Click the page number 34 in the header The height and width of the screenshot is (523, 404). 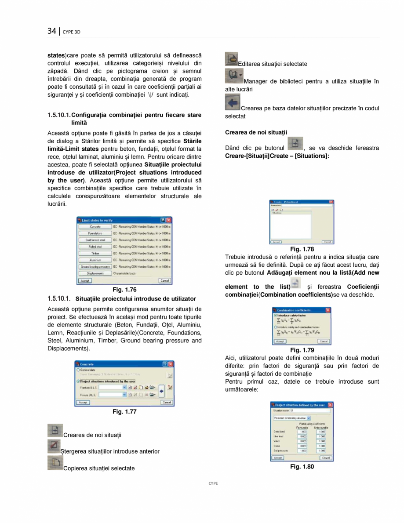[x=52, y=31]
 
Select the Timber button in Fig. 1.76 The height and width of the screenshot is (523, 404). [x=95, y=254]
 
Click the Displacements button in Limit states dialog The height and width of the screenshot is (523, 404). [x=95, y=273]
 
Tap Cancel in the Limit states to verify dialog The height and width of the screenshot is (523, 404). [x=164, y=280]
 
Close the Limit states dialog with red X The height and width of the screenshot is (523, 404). [x=168, y=220]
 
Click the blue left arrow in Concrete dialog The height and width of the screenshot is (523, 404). [x=161, y=391]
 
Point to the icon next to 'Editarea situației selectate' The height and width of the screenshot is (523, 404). [x=231, y=59]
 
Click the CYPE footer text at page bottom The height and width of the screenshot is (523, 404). [x=213, y=483]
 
